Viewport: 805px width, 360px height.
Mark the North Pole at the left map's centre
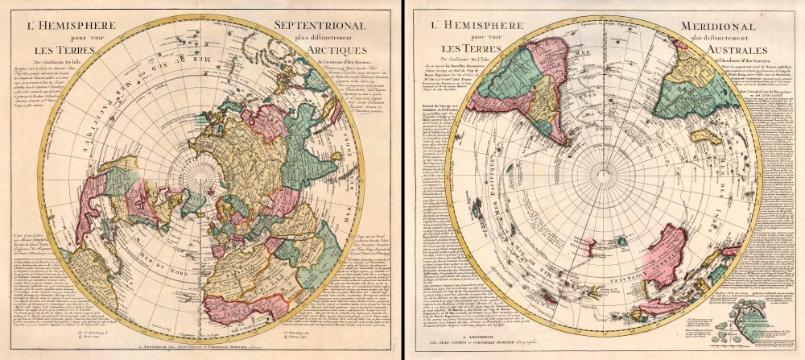(199, 172)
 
